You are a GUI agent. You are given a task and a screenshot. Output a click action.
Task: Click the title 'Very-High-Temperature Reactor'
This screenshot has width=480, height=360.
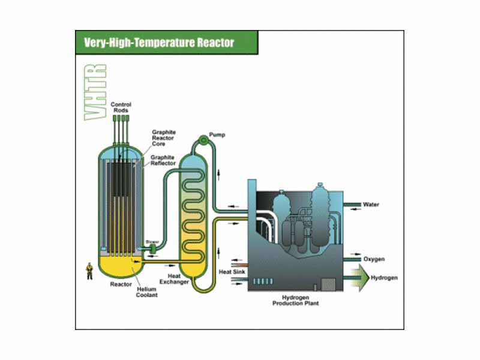tap(158, 43)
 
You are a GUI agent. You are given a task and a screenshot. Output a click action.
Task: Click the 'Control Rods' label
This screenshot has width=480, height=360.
tap(121, 107)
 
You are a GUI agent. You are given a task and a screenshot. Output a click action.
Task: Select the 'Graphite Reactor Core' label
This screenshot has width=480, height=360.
tap(163, 139)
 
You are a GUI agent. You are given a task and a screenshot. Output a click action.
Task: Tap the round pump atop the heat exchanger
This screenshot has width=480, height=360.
tap(203, 141)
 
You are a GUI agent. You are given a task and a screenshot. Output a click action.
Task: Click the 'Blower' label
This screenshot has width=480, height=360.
tap(152, 242)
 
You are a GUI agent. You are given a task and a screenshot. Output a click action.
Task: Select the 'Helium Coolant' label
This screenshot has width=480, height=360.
tap(147, 292)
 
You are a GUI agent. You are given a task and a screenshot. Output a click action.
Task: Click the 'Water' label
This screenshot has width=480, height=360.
tap(371, 205)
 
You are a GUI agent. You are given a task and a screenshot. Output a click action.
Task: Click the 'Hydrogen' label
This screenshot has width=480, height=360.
tap(383, 278)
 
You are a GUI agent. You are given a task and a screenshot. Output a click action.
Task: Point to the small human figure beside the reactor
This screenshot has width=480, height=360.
tap(89, 271)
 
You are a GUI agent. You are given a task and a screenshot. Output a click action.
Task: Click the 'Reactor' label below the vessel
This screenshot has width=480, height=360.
tap(121, 284)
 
